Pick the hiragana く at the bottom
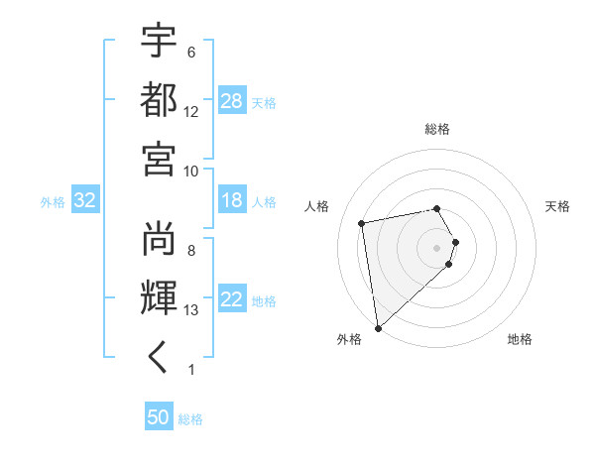tap(160, 358)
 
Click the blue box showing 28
tap(232, 101)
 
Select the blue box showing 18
tap(232, 201)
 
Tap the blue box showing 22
tap(232, 300)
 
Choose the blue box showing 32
tap(84, 201)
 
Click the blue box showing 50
tap(159, 417)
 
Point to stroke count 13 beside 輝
tap(191, 310)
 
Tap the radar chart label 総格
tap(437, 129)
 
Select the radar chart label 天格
tap(557, 206)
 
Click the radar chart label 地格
tap(520, 339)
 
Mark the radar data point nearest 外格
tap(378, 327)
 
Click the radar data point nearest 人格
tap(362, 223)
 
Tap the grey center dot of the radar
tap(437, 247)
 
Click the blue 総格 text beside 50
tap(190, 419)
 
